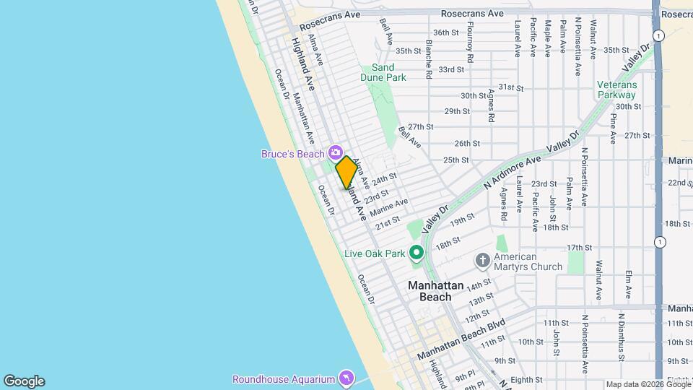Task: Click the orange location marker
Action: pyautogui.click(x=346, y=172)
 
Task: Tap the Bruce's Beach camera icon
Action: pyautogui.click(x=335, y=152)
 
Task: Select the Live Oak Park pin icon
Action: pyautogui.click(x=416, y=253)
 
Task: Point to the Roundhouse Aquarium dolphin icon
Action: pyautogui.click(x=346, y=378)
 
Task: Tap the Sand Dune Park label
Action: pyautogui.click(x=384, y=72)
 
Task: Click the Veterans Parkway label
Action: pyautogui.click(x=616, y=89)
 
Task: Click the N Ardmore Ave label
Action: pyautogui.click(x=513, y=174)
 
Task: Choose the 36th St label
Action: pyautogui.click(x=446, y=32)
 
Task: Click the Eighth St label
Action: pyautogui.click(x=526, y=379)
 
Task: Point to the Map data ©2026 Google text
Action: pyautogui.click(x=647, y=384)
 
